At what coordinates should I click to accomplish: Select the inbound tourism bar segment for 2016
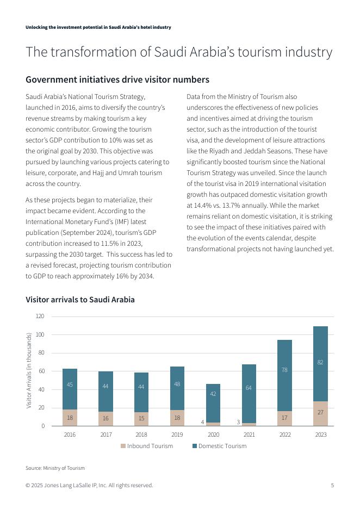70,418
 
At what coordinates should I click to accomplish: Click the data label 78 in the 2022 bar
285,370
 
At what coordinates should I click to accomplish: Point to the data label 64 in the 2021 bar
249,388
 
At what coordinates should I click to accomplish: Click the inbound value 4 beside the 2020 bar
202,422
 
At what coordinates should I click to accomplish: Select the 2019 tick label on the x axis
177,434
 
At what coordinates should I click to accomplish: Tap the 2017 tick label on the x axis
105,434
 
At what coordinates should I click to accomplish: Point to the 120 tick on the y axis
40,316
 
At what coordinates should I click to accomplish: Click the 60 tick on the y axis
41,371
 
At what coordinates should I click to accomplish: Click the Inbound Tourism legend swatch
123,446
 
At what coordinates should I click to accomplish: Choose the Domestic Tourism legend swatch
194,446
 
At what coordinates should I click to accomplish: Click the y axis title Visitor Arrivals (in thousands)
29,371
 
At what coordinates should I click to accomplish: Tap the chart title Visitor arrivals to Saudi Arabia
80,300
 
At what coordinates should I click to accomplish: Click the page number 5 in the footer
332,485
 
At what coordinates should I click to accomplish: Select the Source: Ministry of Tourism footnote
55,468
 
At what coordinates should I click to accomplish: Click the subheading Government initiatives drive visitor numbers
117,79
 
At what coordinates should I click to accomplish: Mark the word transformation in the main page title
88,52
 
